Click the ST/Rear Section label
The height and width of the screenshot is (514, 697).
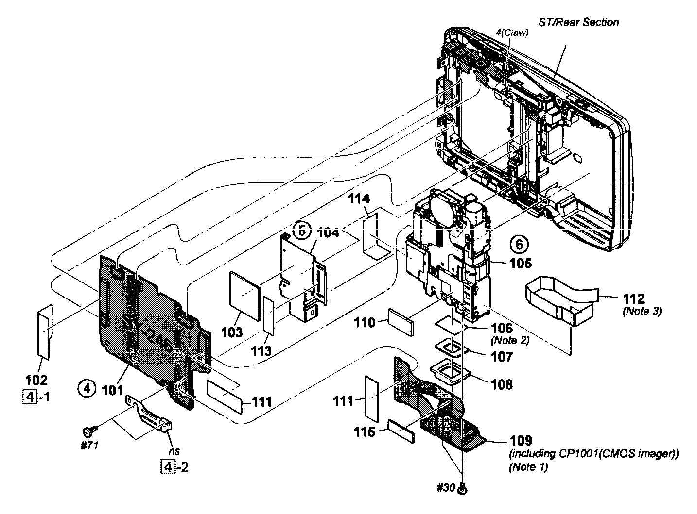tap(578, 22)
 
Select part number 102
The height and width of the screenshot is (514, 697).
tap(40, 380)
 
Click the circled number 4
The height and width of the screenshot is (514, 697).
tap(86, 388)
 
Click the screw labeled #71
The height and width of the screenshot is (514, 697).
tap(90, 430)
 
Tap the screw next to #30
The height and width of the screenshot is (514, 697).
tap(463, 490)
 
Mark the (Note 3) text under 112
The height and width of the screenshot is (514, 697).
tap(642, 312)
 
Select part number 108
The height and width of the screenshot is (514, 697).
tap(502, 384)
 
